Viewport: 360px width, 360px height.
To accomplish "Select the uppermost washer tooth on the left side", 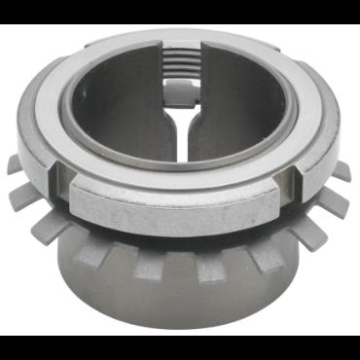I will pos(17,164).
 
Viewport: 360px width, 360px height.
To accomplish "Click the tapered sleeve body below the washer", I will pos(180,292).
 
